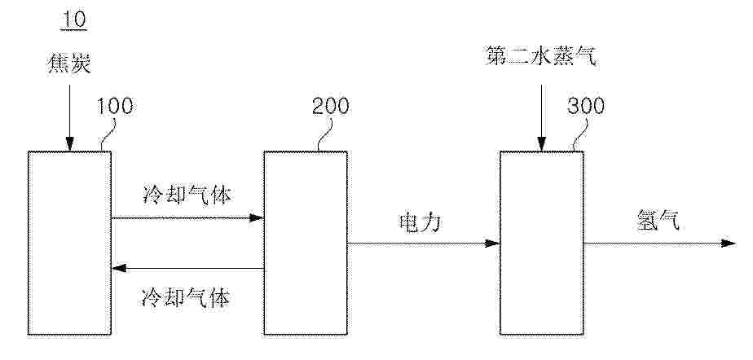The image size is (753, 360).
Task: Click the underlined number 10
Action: (x=73, y=20)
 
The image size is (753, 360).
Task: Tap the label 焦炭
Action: (x=68, y=64)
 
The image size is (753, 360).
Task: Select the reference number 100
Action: (x=115, y=107)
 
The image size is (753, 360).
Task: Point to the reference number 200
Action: (x=330, y=107)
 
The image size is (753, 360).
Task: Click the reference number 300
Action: (x=586, y=107)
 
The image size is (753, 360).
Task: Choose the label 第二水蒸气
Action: (x=541, y=57)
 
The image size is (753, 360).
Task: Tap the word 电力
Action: (x=420, y=222)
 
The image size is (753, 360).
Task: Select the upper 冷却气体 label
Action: (x=187, y=195)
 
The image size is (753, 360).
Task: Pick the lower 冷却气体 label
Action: (x=187, y=297)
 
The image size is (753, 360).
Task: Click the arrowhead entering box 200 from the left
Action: (x=257, y=218)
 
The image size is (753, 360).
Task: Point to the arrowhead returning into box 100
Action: (x=119, y=268)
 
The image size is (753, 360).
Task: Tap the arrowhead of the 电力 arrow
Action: (x=492, y=244)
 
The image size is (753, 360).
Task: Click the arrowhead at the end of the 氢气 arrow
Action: (x=728, y=244)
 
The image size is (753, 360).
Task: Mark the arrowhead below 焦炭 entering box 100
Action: (x=69, y=144)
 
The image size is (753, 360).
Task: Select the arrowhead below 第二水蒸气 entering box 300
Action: (x=542, y=144)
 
